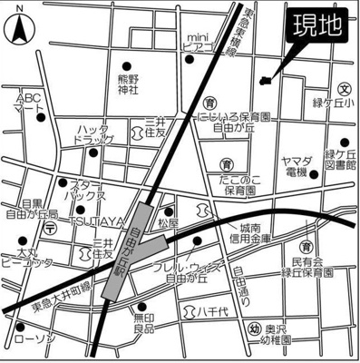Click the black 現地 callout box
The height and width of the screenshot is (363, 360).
coord(317,28)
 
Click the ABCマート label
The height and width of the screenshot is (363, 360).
coord(29,101)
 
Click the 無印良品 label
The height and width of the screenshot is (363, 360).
coord(146,322)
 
